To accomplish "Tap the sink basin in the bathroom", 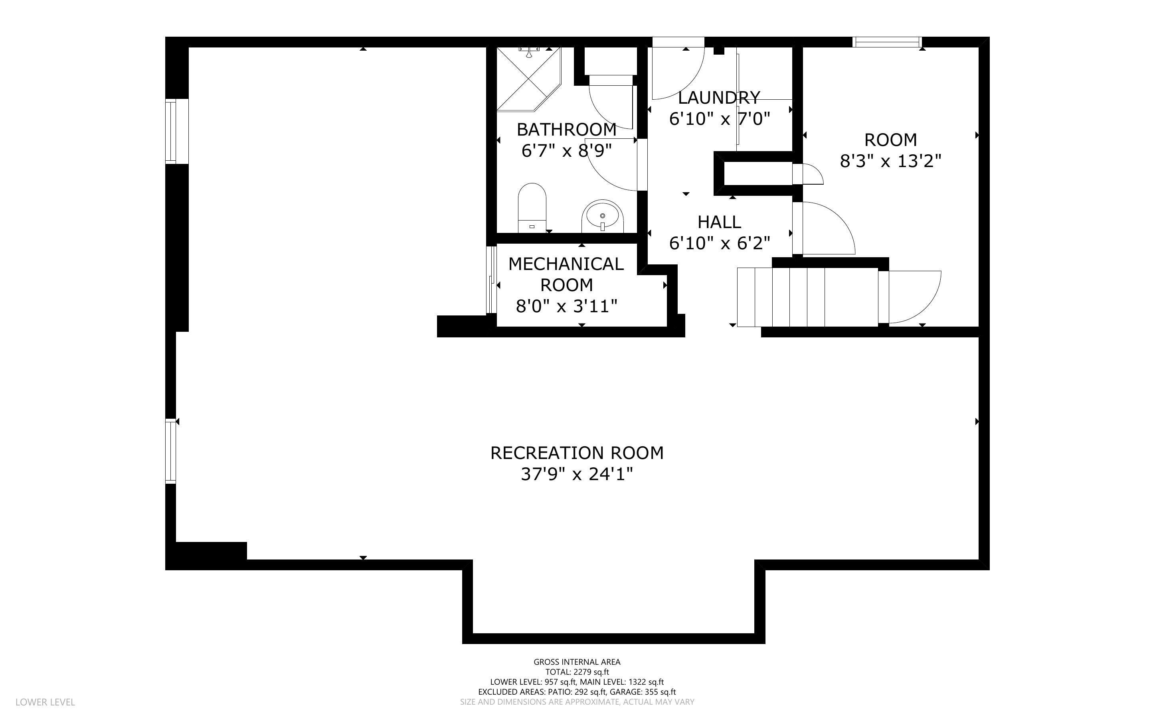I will tap(602, 217).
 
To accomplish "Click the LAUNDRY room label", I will tap(718, 98).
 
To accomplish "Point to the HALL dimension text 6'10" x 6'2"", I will tap(720, 243).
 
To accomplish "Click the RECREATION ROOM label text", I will tap(577, 453).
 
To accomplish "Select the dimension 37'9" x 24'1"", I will tap(577, 475).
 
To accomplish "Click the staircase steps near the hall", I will tap(806, 297).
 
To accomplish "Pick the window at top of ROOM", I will tap(887, 42).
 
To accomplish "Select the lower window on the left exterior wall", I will tap(171, 451).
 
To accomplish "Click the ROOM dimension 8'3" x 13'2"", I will tap(890, 162).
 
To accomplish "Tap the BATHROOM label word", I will tap(566, 130).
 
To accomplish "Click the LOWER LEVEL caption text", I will tap(45, 702).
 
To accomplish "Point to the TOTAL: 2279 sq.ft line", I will tap(577, 672).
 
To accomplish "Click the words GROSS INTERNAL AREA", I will tap(577, 662).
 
